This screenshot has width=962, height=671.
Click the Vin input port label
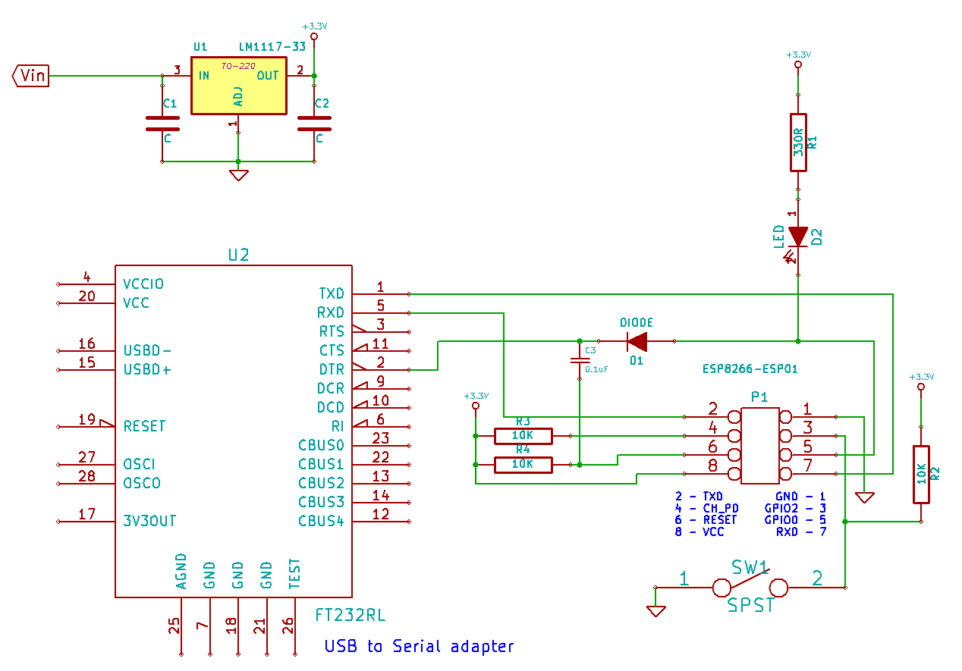tap(30, 76)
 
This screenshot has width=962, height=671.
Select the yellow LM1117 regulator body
tap(239, 86)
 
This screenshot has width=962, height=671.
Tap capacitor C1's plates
tap(162, 124)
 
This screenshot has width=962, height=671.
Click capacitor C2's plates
tap(314, 124)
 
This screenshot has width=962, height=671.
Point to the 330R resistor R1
tap(798, 143)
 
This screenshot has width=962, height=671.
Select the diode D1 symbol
tap(637, 342)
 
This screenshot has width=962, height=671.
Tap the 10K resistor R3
tap(523, 436)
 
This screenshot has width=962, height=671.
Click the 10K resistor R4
tap(523, 465)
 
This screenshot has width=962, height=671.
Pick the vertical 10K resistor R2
tap(921, 475)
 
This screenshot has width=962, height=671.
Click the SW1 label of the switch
tap(749, 568)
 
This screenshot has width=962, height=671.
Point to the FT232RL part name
tap(351, 616)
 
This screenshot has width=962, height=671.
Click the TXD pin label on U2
tap(332, 293)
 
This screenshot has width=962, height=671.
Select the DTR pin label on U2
tap(332, 369)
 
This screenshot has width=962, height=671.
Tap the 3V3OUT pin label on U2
tap(149, 521)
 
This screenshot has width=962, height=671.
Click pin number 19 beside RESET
tap(86, 419)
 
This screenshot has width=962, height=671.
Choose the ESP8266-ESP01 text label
tap(750, 369)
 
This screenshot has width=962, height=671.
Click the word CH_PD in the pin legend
tap(720, 508)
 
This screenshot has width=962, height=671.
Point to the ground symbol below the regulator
tap(239, 175)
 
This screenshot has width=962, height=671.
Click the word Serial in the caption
tap(417, 647)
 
